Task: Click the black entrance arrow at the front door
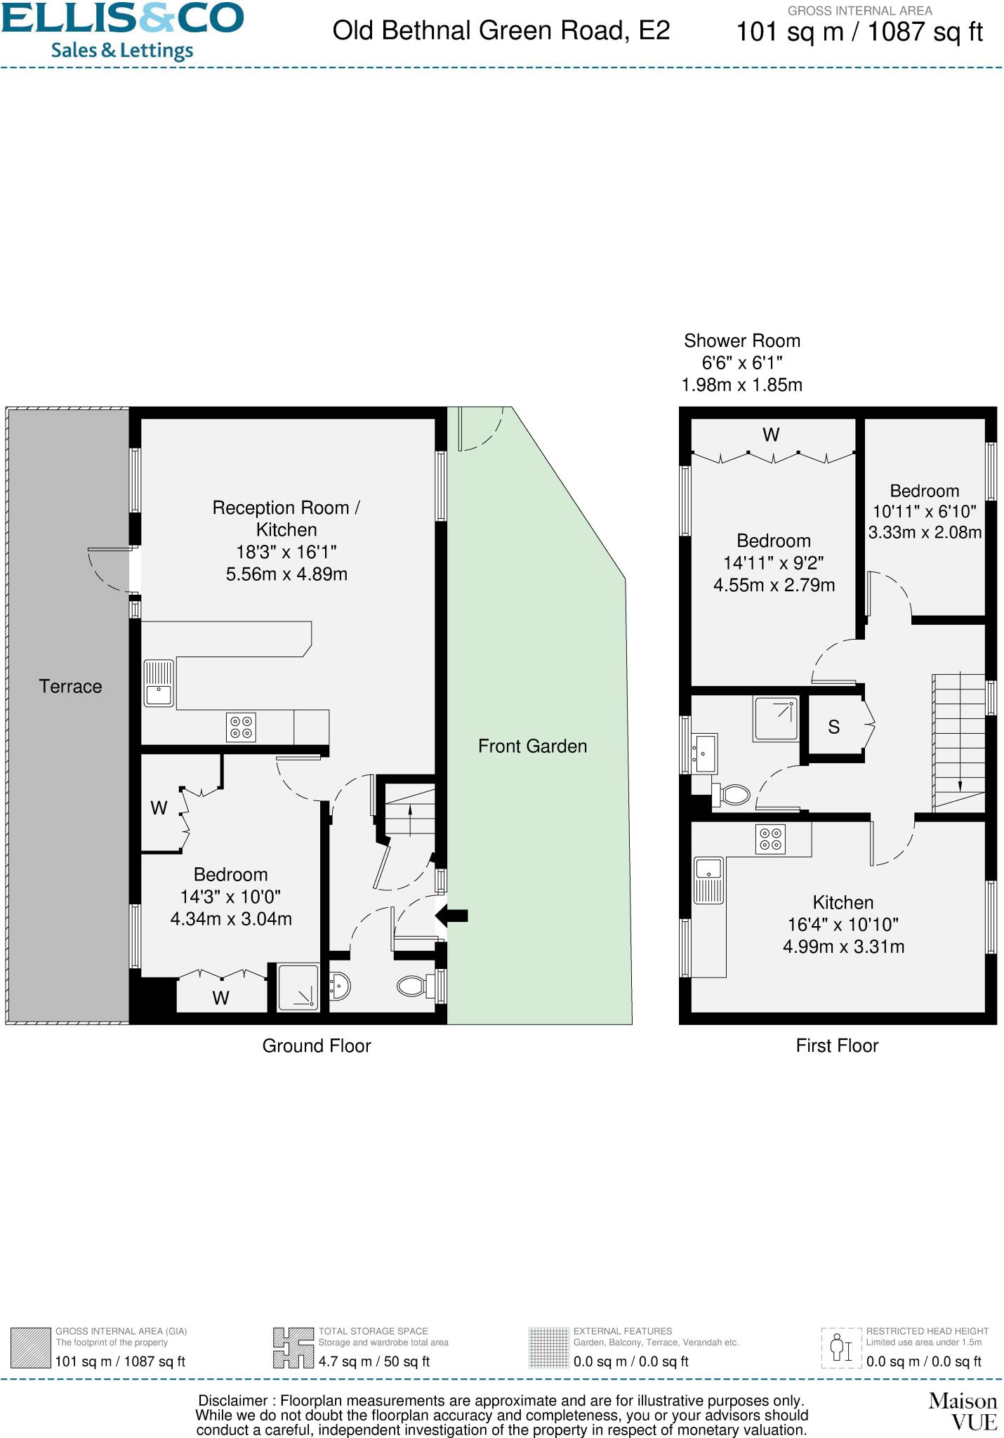[x=452, y=915]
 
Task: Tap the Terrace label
[x=70, y=687]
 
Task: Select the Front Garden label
[x=532, y=746]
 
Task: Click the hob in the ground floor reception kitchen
[x=241, y=727]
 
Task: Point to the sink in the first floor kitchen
[x=709, y=880]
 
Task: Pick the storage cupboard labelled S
[x=833, y=727]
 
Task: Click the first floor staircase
[x=959, y=741]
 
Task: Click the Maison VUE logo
[x=963, y=1411]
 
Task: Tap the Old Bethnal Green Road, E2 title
[x=501, y=31]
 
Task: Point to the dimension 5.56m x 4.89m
[x=286, y=574]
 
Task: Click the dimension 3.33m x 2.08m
[x=925, y=533]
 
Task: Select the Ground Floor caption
[x=317, y=1046]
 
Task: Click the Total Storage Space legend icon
[x=293, y=1347]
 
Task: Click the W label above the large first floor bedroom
[x=771, y=435]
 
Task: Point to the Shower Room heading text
[x=742, y=341]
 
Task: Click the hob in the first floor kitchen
[x=770, y=839]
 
